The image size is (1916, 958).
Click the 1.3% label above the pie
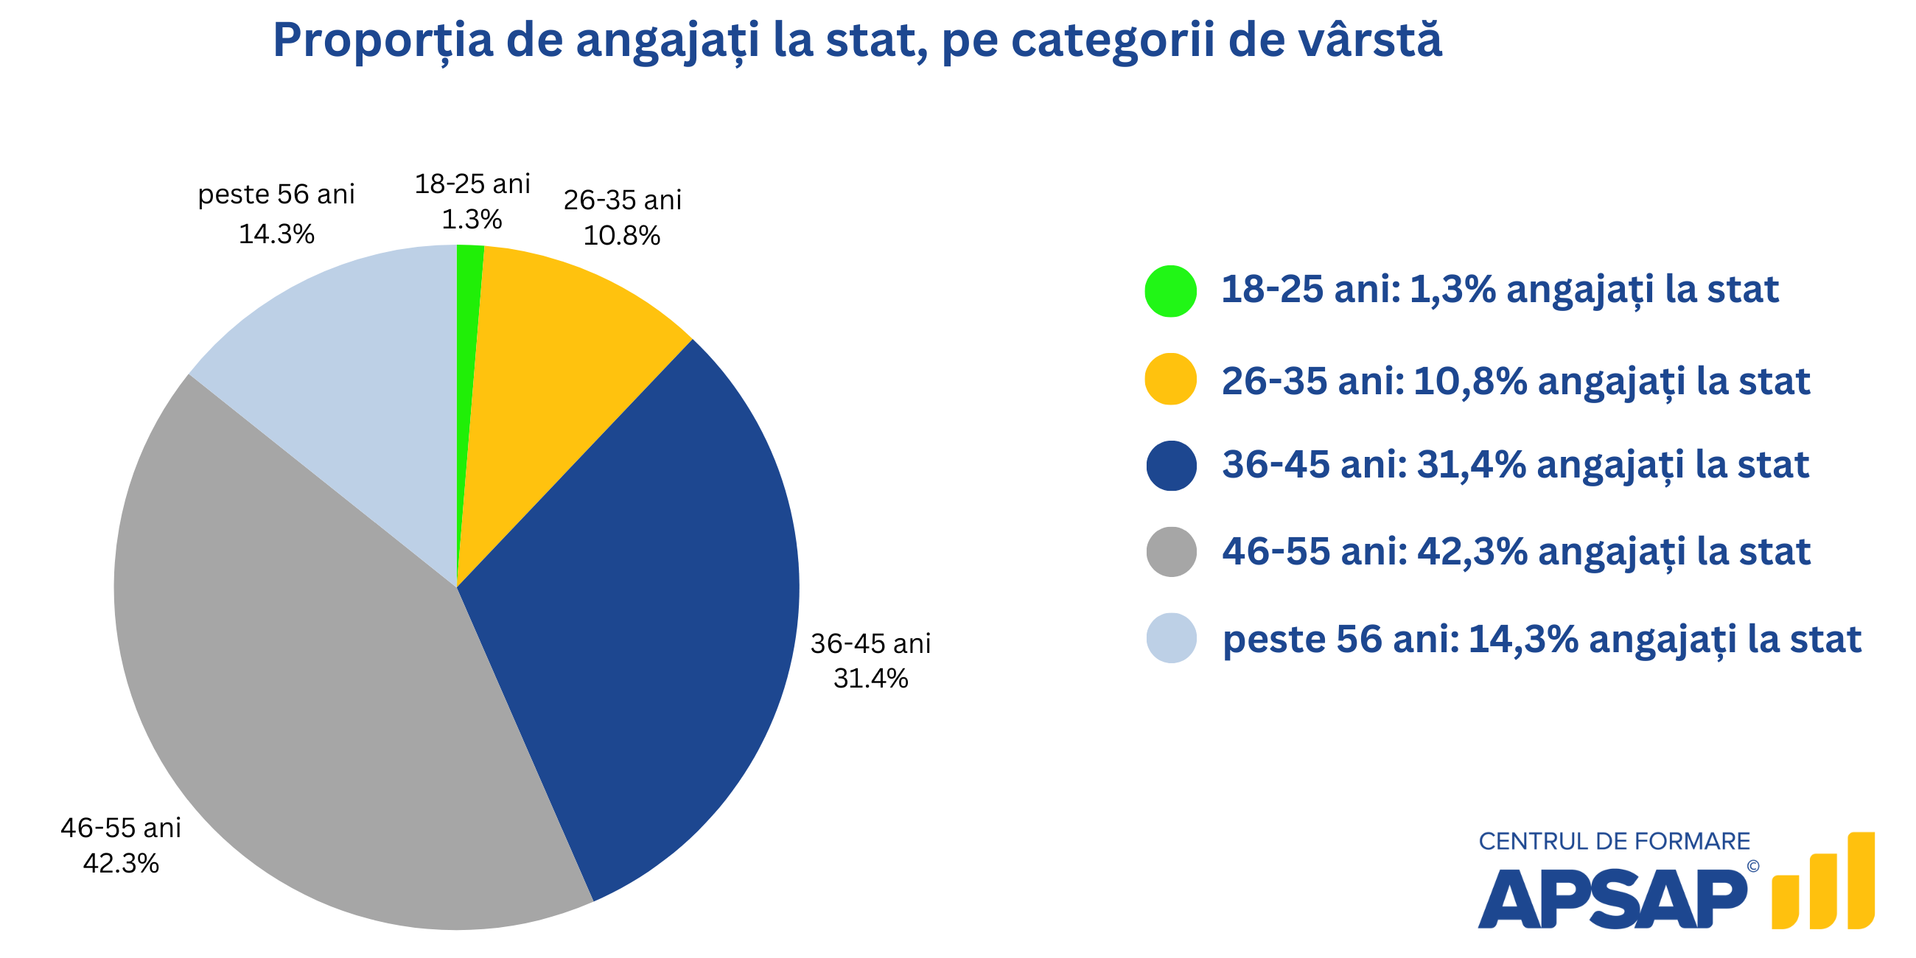pyautogui.click(x=472, y=220)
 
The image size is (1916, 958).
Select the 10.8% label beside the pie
pyautogui.click(x=622, y=236)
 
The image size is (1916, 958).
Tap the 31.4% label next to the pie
pyautogui.click(x=870, y=678)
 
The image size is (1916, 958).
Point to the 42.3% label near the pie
pyautogui.click(x=121, y=863)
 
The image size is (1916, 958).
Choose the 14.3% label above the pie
pyautogui.click(x=276, y=234)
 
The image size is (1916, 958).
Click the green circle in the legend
pyautogui.click(x=1171, y=291)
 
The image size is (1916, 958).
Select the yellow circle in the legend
pyautogui.click(x=1171, y=379)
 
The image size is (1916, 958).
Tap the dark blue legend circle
pyautogui.click(x=1171, y=466)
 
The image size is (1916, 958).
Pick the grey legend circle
pyautogui.click(x=1171, y=552)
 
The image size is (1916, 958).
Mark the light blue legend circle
pyautogui.click(x=1171, y=638)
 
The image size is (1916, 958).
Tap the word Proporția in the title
pyautogui.click(x=382, y=41)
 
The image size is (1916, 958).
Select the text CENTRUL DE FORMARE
pyautogui.click(x=1614, y=842)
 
